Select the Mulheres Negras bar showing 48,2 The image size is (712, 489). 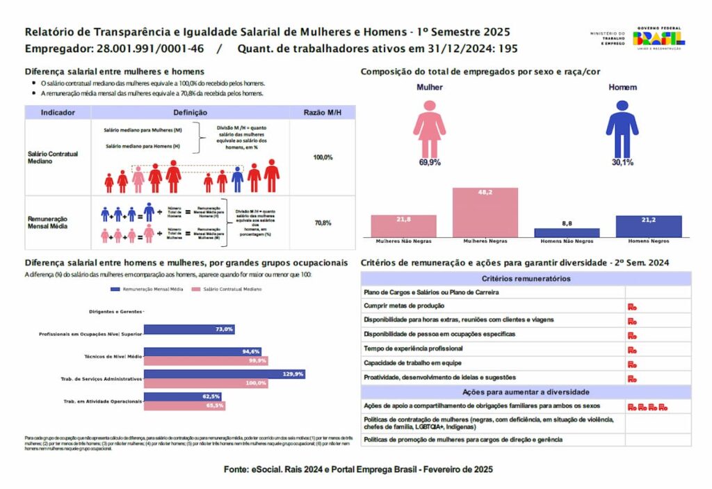click(x=485, y=213)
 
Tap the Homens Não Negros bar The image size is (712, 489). click(x=567, y=232)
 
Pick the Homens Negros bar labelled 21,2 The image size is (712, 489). click(x=649, y=226)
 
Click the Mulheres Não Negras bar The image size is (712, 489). click(x=403, y=226)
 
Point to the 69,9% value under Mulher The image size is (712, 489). click(x=430, y=162)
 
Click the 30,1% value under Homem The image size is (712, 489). click(x=622, y=162)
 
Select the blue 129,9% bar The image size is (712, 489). click(x=225, y=374)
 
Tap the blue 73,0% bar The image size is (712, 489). click(x=189, y=329)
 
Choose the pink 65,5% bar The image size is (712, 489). click(x=184, y=406)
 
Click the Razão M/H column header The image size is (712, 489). click(x=323, y=113)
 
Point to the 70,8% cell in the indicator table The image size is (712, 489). click(x=323, y=223)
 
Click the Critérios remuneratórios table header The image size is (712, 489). click(x=526, y=279)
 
